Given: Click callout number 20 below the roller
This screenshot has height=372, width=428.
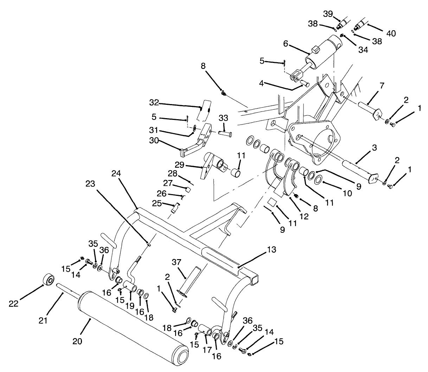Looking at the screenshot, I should (77, 341).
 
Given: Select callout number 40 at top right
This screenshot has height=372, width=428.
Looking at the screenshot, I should (391, 33).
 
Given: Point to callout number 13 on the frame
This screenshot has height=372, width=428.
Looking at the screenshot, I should (272, 250).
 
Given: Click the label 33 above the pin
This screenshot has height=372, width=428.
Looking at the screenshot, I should (224, 117).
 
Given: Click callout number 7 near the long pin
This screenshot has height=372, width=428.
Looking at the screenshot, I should (382, 85).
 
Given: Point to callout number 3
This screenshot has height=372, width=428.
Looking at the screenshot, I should (374, 148).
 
